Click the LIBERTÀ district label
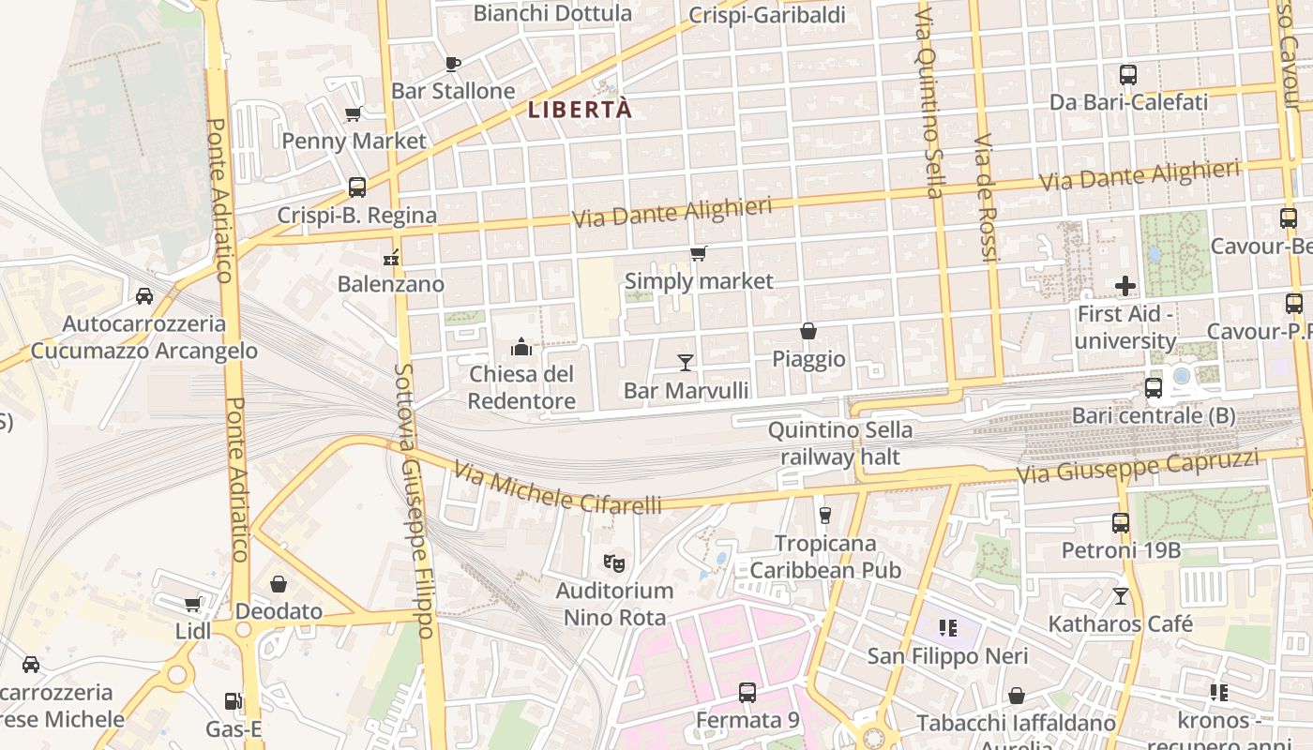pos(580,110)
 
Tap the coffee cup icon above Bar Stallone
pos(453,64)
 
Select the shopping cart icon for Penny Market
pos(354,114)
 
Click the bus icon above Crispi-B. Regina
pos(357,187)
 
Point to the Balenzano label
pos(391,283)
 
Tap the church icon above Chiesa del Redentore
pos(521,348)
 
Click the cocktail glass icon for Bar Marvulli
pos(686,362)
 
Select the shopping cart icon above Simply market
pos(699,253)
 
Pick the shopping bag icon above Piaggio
pos(808,331)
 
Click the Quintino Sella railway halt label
pos(839,443)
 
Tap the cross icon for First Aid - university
pos(1125,285)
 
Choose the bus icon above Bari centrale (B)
pos(1154,387)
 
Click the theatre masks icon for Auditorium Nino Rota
pos(614,562)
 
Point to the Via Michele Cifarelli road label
pos(557,487)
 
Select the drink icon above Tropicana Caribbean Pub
pos(825,515)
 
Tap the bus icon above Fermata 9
pos(747,693)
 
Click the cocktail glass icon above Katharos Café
pos(1121,595)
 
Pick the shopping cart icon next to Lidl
pos(193,605)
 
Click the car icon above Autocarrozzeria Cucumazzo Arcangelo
pos(144,296)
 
